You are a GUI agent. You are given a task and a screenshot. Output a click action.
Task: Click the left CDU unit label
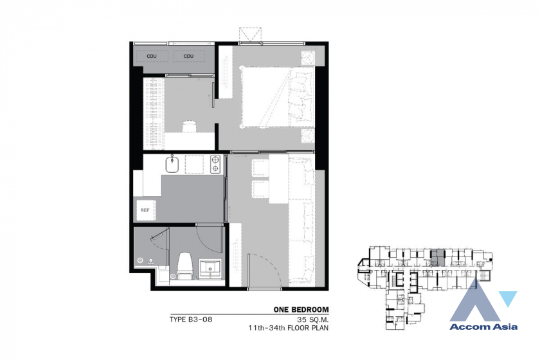pyautogui.click(x=152, y=56)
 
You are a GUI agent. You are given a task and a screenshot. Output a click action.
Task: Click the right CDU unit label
pyautogui.click(x=188, y=56)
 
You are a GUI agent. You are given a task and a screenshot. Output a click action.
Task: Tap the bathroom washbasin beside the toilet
pyautogui.click(x=210, y=267)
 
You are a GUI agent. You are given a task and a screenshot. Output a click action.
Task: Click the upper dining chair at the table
pyautogui.click(x=260, y=167)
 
